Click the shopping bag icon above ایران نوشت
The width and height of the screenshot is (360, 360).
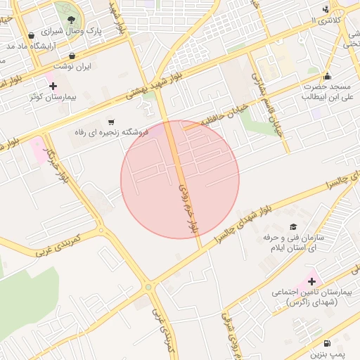72,55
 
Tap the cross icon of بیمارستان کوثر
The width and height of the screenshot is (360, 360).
53,86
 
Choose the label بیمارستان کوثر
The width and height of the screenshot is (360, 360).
53,98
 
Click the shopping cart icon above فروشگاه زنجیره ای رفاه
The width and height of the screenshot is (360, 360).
111,121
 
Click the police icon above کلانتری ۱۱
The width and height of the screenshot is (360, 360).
325,9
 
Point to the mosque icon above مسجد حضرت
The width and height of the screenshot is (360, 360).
326,77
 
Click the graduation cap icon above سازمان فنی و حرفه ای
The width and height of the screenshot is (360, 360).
292,226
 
